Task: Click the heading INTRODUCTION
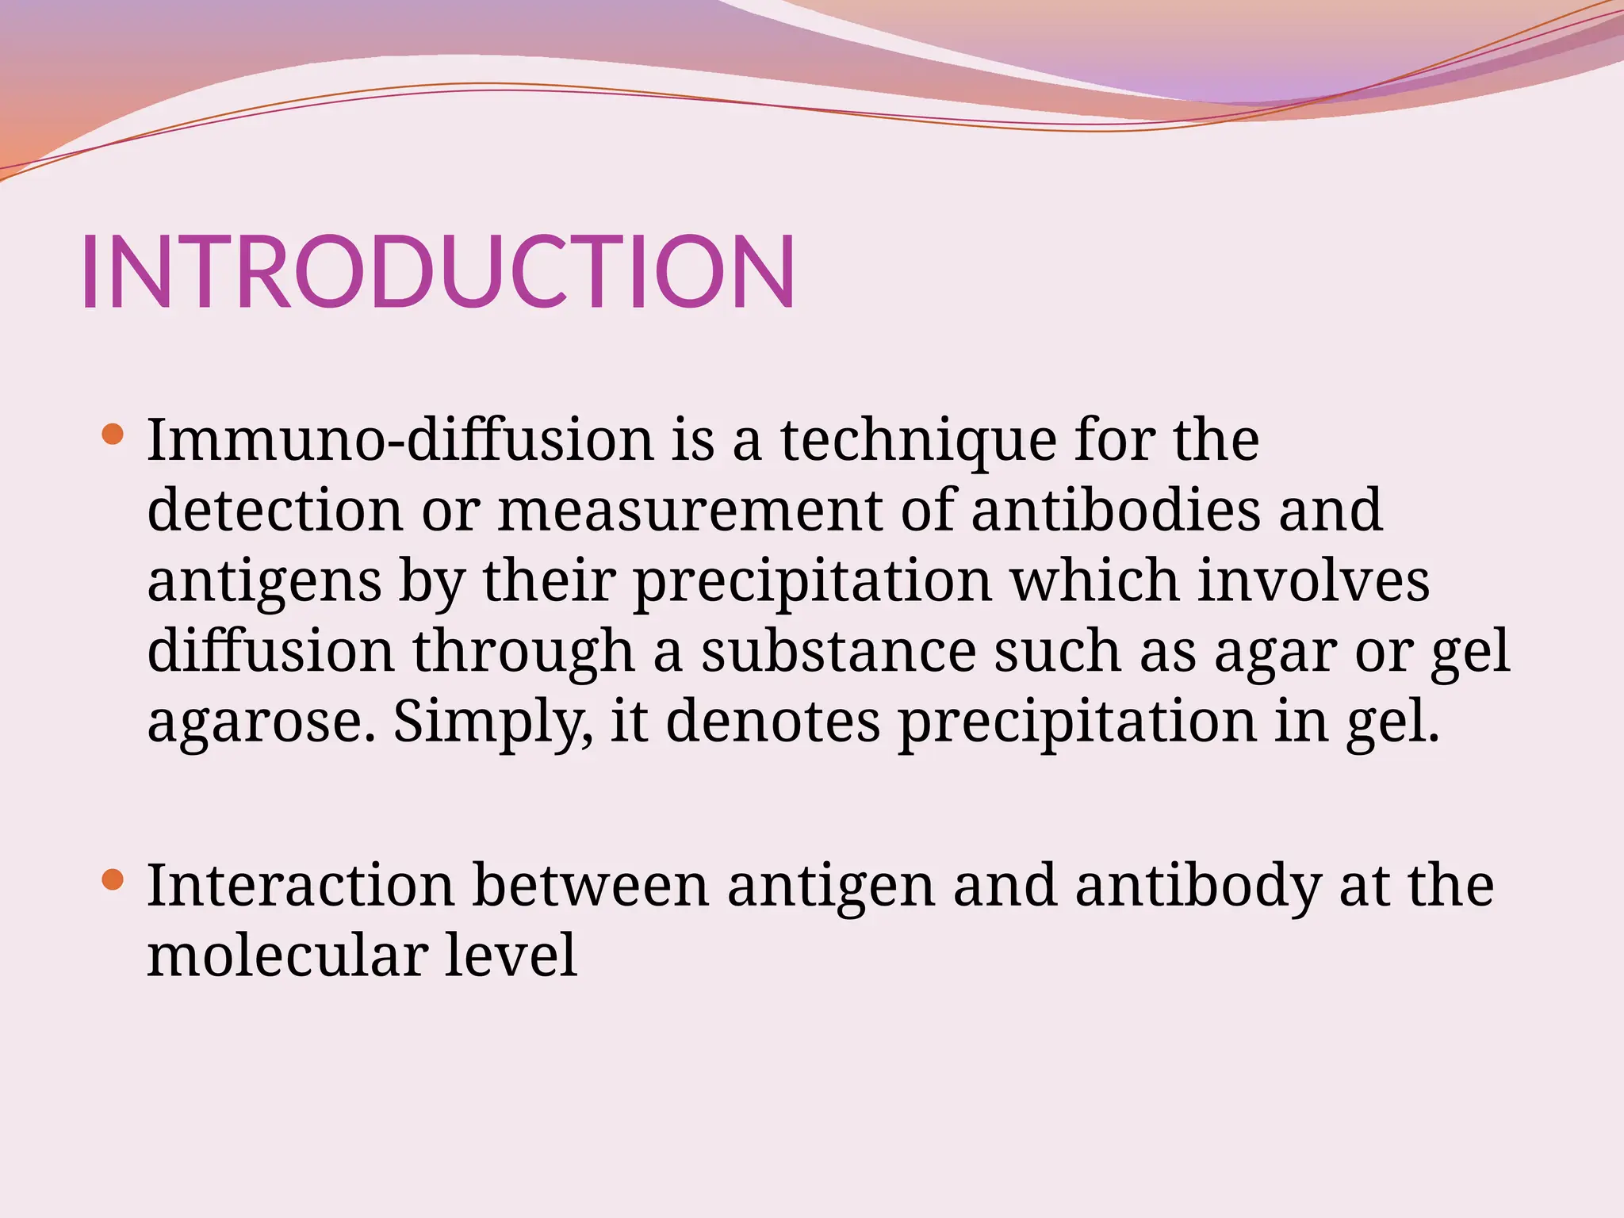tap(438, 271)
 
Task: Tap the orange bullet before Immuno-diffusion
tap(113, 434)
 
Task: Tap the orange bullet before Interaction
tap(113, 879)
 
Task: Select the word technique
tap(918, 441)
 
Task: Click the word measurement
tap(688, 511)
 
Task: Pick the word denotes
tap(772, 722)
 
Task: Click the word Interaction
tap(301, 885)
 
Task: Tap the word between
tap(590, 885)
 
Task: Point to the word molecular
tap(286, 955)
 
